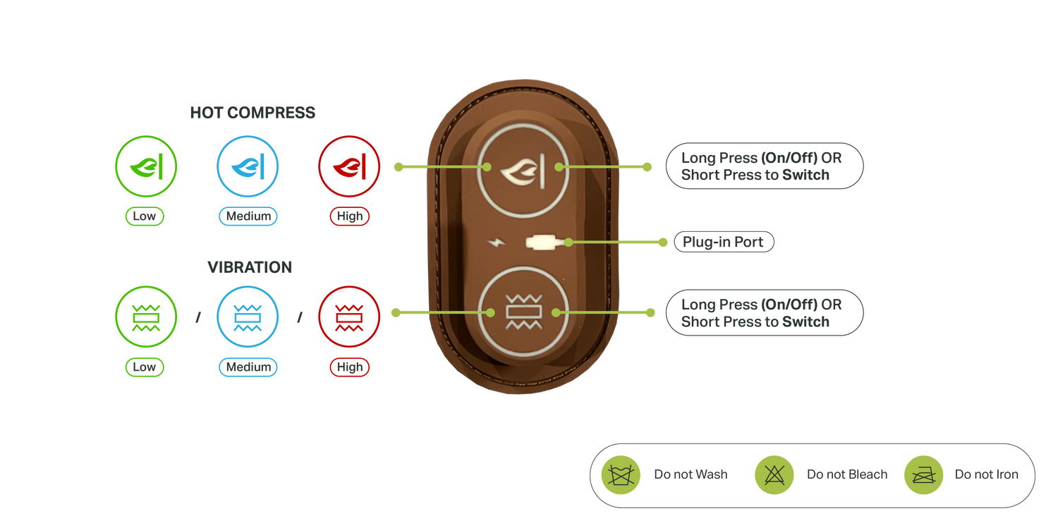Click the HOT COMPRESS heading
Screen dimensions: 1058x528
tap(253, 113)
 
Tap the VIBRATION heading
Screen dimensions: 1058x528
tap(250, 268)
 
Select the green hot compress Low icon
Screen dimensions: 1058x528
tap(146, 166)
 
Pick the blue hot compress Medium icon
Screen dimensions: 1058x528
tap(248, 166)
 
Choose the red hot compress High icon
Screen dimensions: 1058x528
tap(349, 166)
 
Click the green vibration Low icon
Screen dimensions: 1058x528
tap(146, 317)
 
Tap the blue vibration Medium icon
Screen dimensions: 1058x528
tap(248, 317)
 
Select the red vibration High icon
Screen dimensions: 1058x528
tap(349, 317)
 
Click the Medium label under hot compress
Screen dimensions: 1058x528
tap(248, 216)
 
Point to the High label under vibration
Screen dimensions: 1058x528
tap(350, 367)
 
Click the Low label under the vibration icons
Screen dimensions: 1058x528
tap(145, 367)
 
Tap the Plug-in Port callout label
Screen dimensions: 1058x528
tap(724, 242)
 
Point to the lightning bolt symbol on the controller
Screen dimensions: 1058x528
tap(496, 242)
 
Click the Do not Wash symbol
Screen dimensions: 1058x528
tap(621, 474)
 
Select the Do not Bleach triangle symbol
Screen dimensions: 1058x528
tap(774, 474)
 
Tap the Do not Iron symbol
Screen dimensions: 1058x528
tap(923, 474)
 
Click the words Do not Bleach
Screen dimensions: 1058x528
tap(847, 474)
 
